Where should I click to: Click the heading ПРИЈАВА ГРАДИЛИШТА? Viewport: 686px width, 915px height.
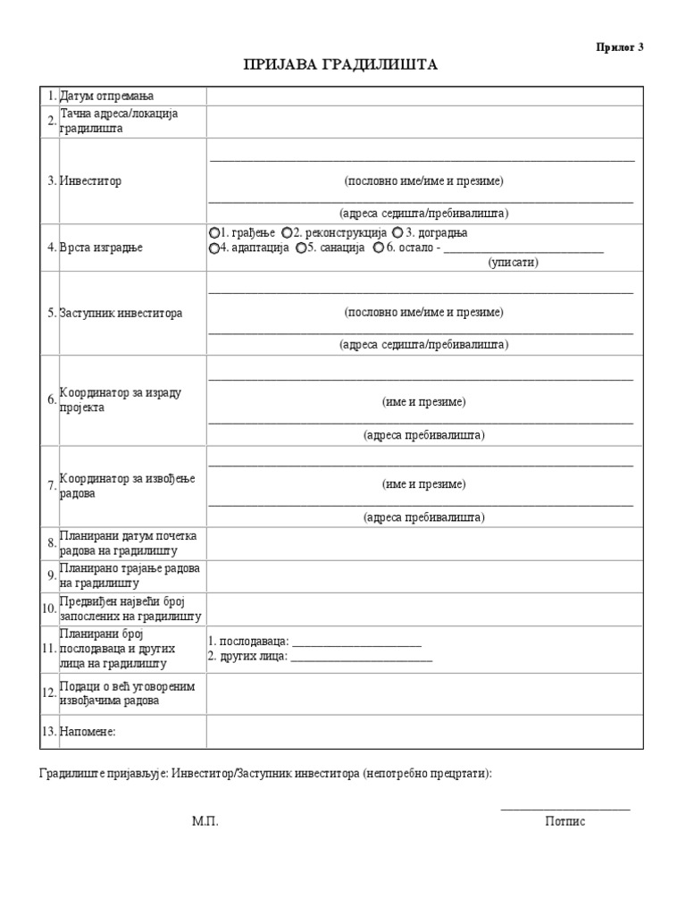(x=342, y=66)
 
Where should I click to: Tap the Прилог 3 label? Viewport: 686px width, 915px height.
(x=620, y=47)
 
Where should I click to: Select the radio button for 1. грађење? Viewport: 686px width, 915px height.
(x=214, y=233)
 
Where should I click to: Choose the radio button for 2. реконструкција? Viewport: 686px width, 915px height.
(x=287, y=233)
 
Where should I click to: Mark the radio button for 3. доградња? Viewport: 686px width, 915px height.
(x=397, y=233)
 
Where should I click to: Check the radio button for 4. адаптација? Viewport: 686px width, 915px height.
(x=214, y=248)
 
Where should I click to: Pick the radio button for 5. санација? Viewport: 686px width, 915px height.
(x=302, y=248)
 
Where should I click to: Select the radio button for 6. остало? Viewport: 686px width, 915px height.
(x=379, y=248)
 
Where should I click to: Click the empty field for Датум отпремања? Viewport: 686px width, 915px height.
(x=424, y=97)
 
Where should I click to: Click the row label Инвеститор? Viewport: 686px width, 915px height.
(x=90, y=181)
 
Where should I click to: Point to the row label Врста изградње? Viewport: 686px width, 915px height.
(x=101, y=248)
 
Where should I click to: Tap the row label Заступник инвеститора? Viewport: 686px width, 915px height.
(x=121, y=314)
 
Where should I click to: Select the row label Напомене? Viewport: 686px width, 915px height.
(x=88, y=733)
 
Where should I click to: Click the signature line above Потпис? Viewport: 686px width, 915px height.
(x=565, y=809)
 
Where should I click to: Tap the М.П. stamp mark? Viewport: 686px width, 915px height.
(x=205, y=822)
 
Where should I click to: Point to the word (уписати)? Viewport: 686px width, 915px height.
(x=514, y=264)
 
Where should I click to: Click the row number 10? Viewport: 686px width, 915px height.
(x=48, y=609)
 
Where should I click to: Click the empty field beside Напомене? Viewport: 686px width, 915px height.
(x=424, y=732)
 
